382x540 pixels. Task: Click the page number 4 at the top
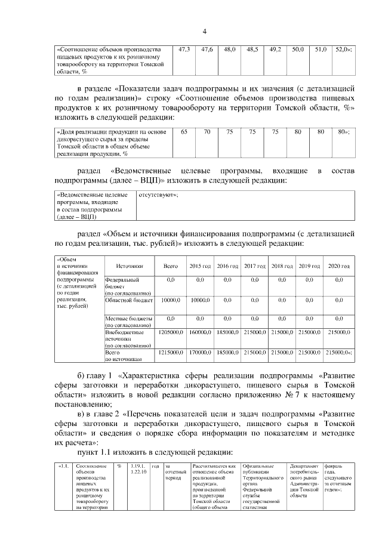pyautogui.click(x=204, y=31)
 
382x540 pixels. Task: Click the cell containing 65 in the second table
pyautogui.click(x=184, y=131)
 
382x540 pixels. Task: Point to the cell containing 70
pyautogui.click(x=207, y=131)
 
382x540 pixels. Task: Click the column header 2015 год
pyautogui.click(x=200, y=266)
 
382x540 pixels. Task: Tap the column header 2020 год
pyautogui.click(x=338, y=266)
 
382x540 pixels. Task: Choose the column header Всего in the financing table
pyautogui.click(x=170, y=266)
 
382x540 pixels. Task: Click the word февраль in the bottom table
pyautogui.click(x=334, y=466)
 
